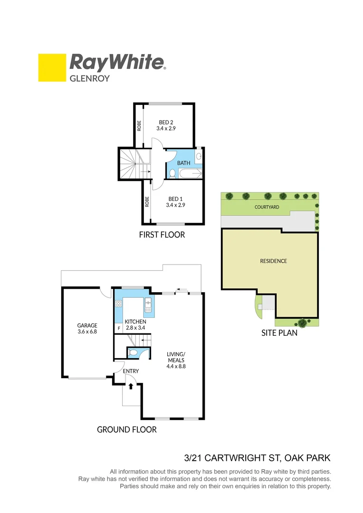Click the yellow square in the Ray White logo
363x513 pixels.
tap(52, 67)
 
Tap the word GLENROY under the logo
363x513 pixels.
tap(90, 78)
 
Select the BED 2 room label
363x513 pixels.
tap(166, 125)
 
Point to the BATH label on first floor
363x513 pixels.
tap(183, 163)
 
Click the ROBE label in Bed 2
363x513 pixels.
tap(139, 125)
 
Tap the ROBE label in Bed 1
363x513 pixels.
tap(147, 202)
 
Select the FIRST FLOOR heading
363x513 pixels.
tap(162, 235)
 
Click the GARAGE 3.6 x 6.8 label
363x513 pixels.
tap(87, 329)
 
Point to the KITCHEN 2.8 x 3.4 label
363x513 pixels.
tap(135, 324)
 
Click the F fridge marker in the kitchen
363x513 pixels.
tap(118, 328)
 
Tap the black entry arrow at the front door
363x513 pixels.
tap(131, 387)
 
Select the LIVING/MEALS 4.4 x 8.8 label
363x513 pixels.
tap(175, 360)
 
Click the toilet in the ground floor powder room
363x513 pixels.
tap(135, 353)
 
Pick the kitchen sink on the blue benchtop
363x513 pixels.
tap(148, 303)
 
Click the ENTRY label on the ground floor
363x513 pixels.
tap(130, 371)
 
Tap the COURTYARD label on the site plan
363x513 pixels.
tap(267, 207)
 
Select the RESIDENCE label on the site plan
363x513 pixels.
tap(273, 261)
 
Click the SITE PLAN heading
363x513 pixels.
tap(279, 333)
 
